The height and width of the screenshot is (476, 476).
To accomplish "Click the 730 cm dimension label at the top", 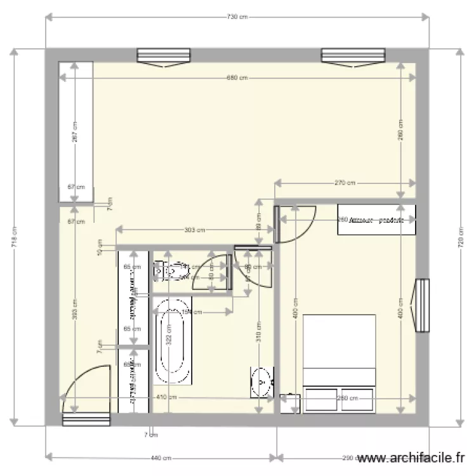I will click(237, 17).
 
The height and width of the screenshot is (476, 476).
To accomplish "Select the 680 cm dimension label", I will click(237, 78).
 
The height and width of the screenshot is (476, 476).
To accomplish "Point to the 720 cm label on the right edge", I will click(461, 238).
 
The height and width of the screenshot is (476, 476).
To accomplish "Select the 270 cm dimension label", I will click(345, 183).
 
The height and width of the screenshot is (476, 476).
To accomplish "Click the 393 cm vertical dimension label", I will click(75, 309).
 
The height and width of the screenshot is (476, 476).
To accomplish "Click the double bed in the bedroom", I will click(340, 362).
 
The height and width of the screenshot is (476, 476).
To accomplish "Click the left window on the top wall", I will click(163, 57).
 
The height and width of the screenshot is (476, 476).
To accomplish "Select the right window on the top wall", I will click(354, 57).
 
